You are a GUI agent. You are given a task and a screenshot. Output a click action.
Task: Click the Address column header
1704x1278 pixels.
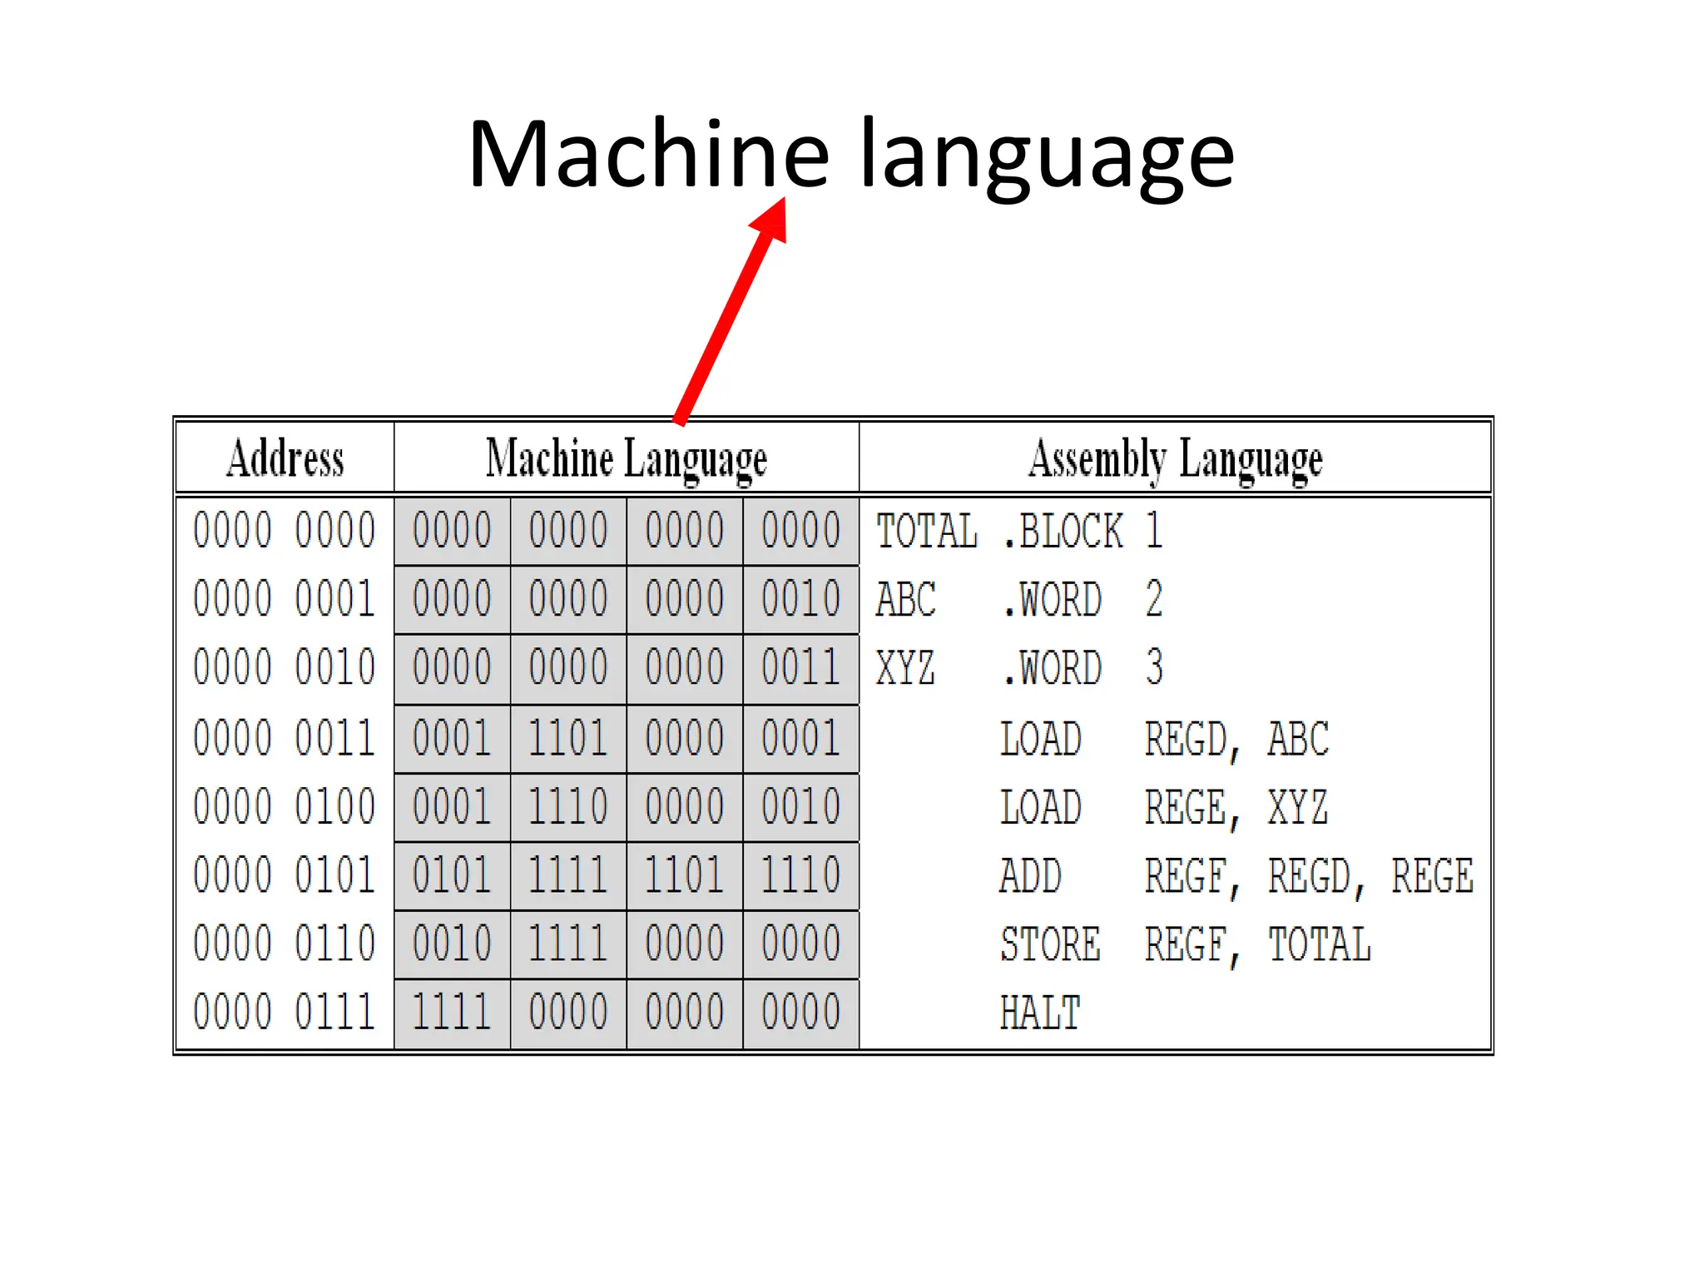click(x=285, y=458)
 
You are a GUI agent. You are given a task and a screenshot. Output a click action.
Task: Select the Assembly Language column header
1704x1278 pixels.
click(x=1175, y=458)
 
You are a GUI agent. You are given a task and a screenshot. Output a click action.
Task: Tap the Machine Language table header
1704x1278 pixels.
click(x=626, y=458)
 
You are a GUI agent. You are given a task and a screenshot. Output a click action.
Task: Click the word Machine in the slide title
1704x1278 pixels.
click(x=649, y=155)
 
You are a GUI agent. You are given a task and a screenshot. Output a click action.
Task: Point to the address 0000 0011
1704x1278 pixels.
click(x=285, y=738)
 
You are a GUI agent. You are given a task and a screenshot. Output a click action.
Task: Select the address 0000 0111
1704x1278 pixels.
click(x=285, y=1013)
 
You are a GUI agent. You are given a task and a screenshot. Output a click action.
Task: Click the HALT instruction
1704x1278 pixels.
click(x=1040, y=1013)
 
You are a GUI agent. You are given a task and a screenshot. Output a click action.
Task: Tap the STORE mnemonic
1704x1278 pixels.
click(x=1050, y=944)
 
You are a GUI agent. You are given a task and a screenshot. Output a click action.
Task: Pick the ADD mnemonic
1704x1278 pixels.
click(x=1030, y=876)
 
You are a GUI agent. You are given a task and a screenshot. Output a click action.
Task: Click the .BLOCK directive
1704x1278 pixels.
click(x=1063, y=531)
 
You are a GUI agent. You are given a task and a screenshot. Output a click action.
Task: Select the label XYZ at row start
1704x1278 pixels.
click(x=905, y=668)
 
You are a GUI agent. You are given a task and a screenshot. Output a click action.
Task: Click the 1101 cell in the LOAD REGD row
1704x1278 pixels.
click(x=568, y=738)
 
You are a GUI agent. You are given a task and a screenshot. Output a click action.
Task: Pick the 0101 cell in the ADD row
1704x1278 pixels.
click(x=452, y=875)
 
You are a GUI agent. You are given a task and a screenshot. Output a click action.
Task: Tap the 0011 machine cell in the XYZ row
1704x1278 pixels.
click(x=800, y=668)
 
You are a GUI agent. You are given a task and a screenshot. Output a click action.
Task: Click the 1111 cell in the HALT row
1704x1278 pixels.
click(x=452, y=1013)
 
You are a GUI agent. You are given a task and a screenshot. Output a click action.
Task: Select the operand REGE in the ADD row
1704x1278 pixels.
click(x=1432, y=876)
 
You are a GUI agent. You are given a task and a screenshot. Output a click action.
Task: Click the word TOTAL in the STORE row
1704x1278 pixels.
click(x=1319, y=944)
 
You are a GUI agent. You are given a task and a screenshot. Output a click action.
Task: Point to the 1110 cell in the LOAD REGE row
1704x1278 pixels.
click(x=568, y=807)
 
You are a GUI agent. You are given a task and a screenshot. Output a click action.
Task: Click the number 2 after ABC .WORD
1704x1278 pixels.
click(x=1153, y=599)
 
